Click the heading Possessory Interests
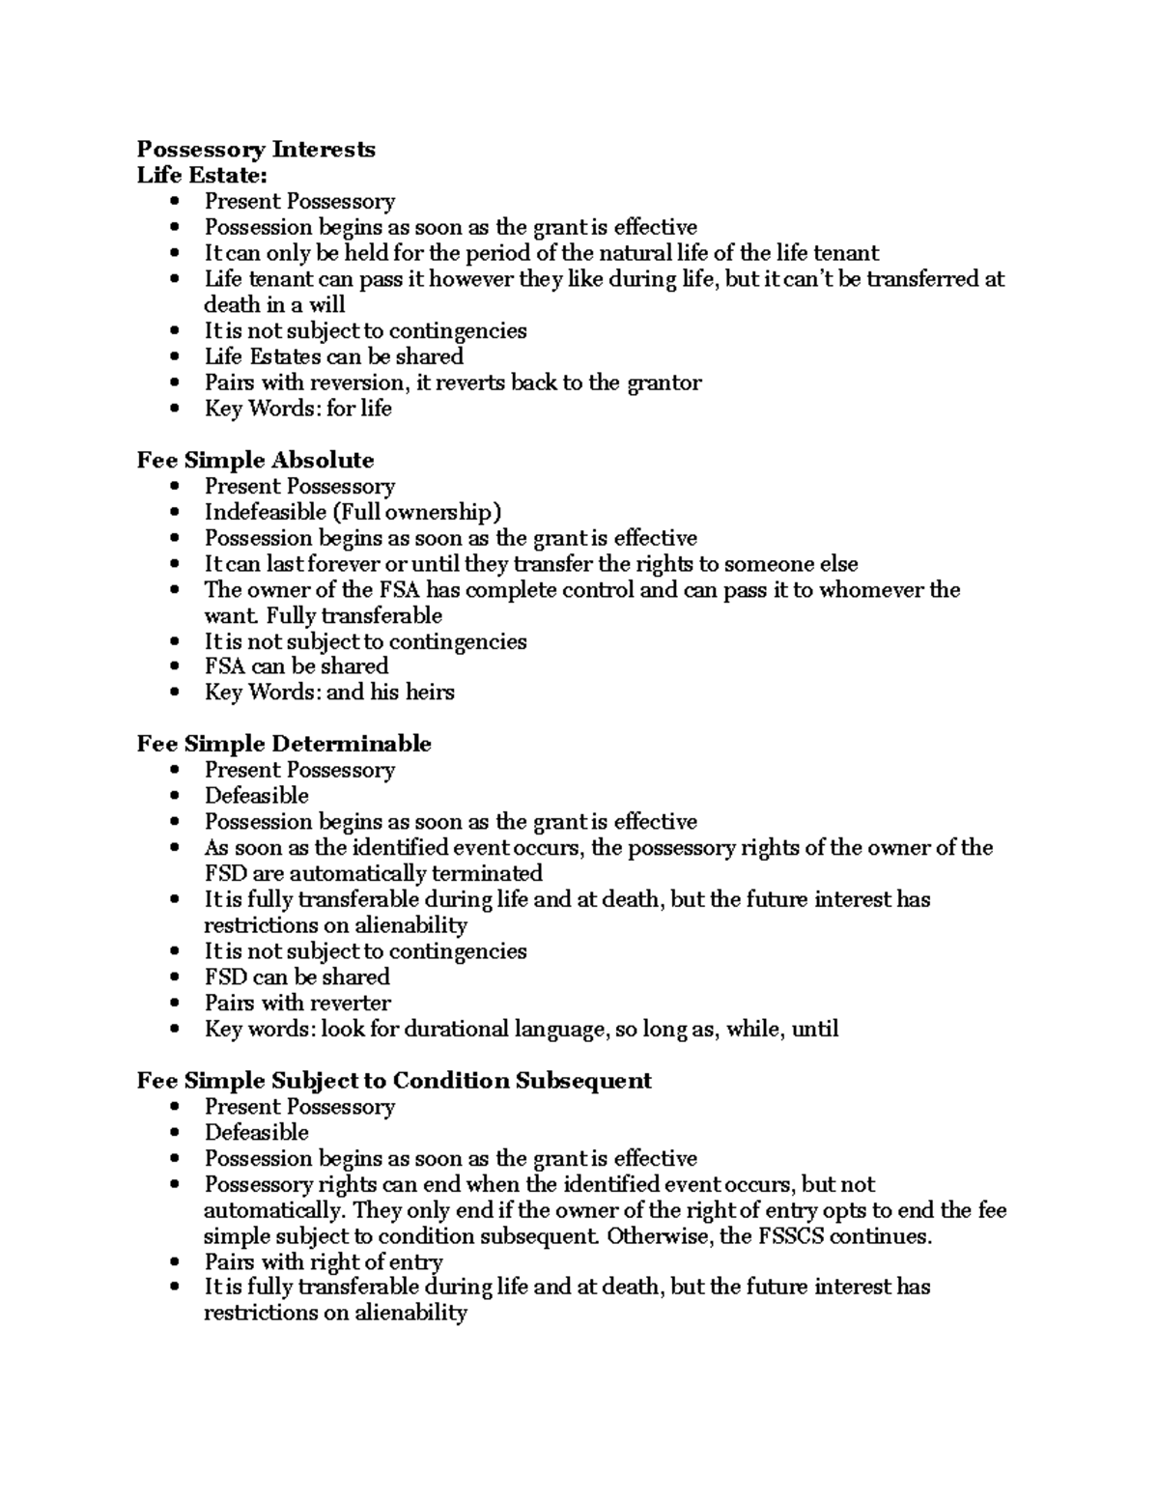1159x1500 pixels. pyautogui.click(x=256, y=149)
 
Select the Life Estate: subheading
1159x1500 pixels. pyautogui.click(x=201, y=175)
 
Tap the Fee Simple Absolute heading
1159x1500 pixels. pyautogui.click(x=255, y=460)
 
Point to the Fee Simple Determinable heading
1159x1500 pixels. pyautogui.click(x=284, y=744)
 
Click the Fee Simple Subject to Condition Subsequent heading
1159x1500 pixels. pyautogui.click(x=394, y=1080)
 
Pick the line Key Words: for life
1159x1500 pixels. pyautogui.click(x=297, y=409)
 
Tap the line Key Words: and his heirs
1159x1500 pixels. pyautogui.click(x=328, y=693)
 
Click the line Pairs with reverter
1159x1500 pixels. pyautogui.click(x=297, y=1003)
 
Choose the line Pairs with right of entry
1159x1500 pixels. pyautogui.click(x=324, y=1261)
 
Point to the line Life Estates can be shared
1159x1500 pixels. pyautogui.click(x=333, y=356)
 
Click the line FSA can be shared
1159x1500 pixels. pyautogui.click(x=296, y=666)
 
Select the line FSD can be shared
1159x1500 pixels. pyautogui.click(x=297, y=976)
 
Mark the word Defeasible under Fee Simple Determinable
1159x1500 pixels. pyautogui.click(x=256, y=796)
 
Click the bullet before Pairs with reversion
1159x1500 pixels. pyautogui.click(x=174, y=383)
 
